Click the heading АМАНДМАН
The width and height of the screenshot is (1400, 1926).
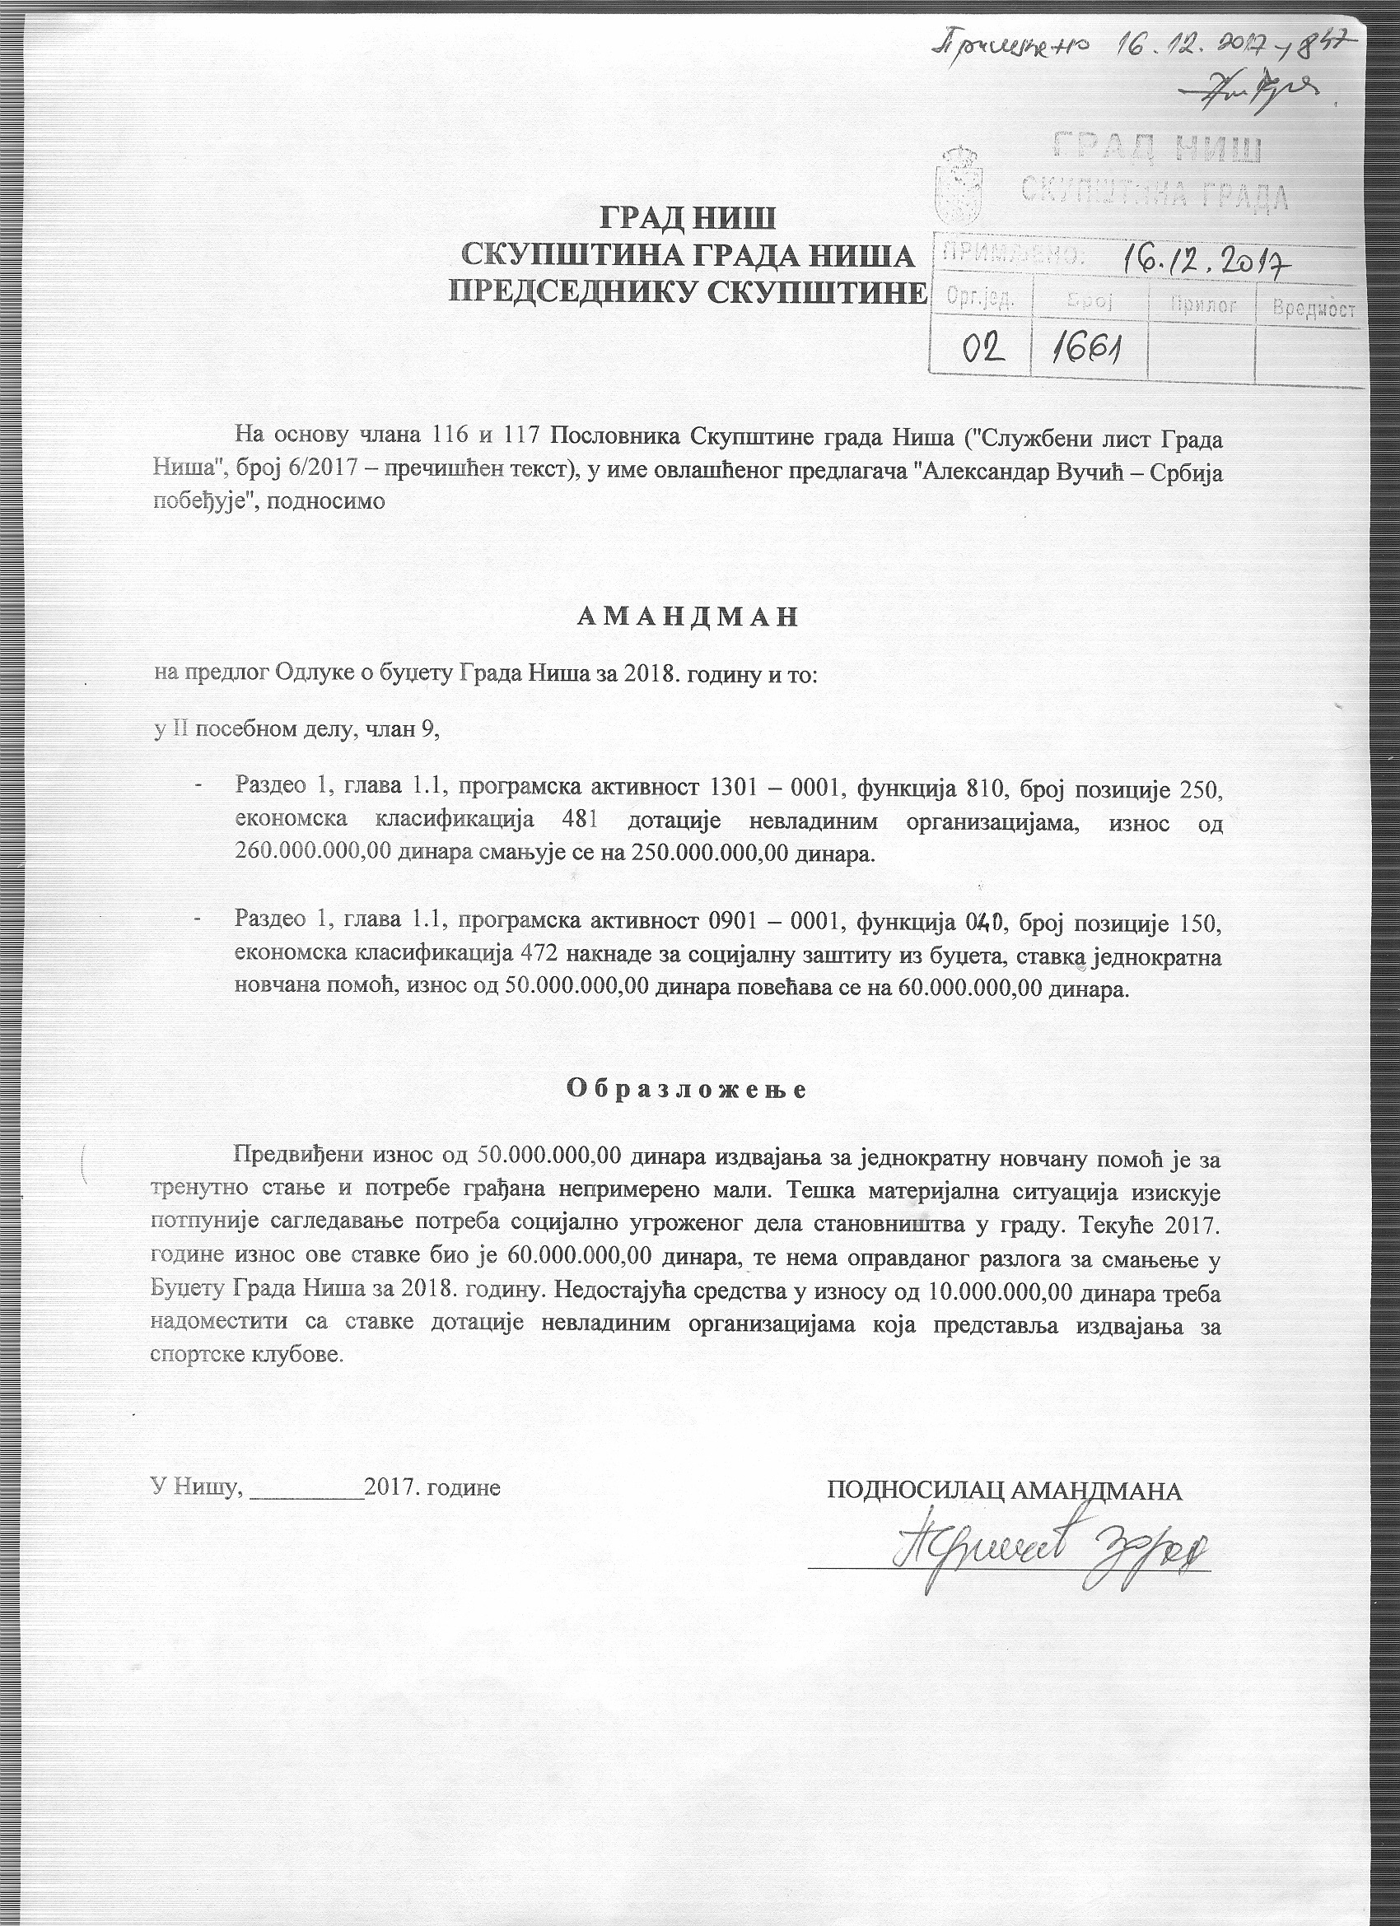(x=688, y=617)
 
